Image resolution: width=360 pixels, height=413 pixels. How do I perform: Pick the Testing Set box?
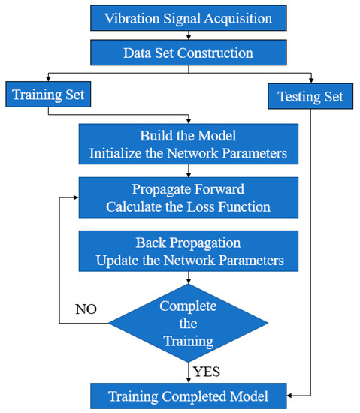[310, 96]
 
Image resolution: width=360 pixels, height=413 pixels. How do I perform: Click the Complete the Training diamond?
[188, 324]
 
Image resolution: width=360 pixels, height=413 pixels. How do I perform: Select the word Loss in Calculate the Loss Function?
[206, 206]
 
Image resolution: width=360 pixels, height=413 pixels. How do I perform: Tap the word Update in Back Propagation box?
[119, 260]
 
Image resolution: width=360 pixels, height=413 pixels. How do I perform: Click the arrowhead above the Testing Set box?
[310, 79]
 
